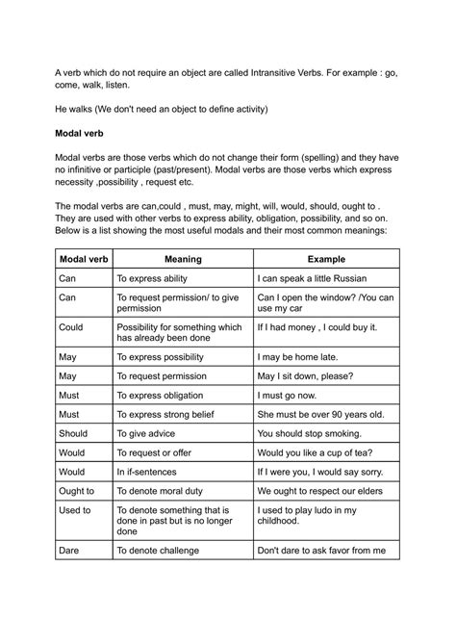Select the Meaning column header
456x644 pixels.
[x=182, y=259]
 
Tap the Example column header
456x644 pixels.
[x=325, y=259]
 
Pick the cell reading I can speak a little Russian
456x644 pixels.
[x=320, y=278]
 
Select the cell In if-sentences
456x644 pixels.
[x=152, y=473]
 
